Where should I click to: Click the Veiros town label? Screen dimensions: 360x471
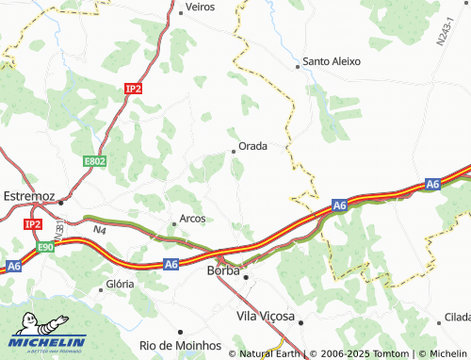pyautogui.click(x=201, y=6)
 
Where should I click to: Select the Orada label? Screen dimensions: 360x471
pyautogui.click(x=253, y=146)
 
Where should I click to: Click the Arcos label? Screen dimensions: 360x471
pyautogui.click(x=192, y=219)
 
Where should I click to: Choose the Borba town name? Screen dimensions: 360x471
pyautogui.click(x=222, y=271)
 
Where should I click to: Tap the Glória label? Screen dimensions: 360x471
pyautogui.click(x=121, y=284)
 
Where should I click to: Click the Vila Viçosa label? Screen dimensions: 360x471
pyautogui.click(x=267, y=316)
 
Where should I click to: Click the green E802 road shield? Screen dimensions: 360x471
pyautogui.click(x=95, y=162)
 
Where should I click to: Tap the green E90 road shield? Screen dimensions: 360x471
pyautogui.click(x=46, y=247)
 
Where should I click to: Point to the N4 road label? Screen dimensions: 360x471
pyautogui.click(x=100, y=229)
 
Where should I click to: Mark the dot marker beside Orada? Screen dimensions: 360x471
pyautogui.click(x=235, y=151)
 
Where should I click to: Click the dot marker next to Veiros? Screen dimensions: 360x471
pyautogui.click(x=180, y=14)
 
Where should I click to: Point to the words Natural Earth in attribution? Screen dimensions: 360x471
pyautogui.click(x=270, y=353)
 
